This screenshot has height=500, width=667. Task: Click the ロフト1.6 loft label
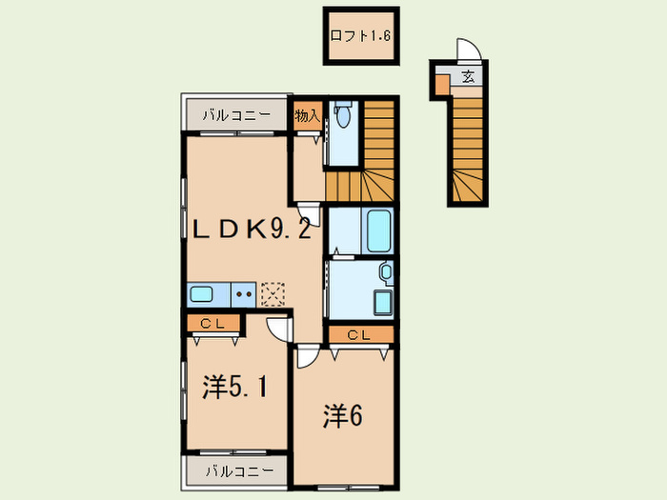coord(360,36)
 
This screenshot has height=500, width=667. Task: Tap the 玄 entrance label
coord(468,77)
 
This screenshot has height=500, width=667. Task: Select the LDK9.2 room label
coord(251,230)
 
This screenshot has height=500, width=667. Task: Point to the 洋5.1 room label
coord(234,387)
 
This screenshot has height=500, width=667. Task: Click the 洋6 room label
coord(343,416)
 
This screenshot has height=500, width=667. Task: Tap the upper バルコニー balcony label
coord(236,115)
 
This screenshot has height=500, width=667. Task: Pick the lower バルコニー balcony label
coord(239,471)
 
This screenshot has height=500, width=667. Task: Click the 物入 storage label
coord(307,115)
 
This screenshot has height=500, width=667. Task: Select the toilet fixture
coord(342,113)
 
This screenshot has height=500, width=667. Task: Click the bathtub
coord(378,231)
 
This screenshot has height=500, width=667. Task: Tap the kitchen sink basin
coord(201,294)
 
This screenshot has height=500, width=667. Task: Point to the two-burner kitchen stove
coord(244,294)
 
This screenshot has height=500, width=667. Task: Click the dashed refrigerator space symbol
coord(273,294)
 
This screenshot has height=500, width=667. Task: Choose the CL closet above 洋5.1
coord(212,324)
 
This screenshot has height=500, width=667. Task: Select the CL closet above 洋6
coord(361,335)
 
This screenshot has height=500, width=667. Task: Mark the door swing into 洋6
coord(308,356)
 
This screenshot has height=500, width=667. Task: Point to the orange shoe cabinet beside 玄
coord(442,85)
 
